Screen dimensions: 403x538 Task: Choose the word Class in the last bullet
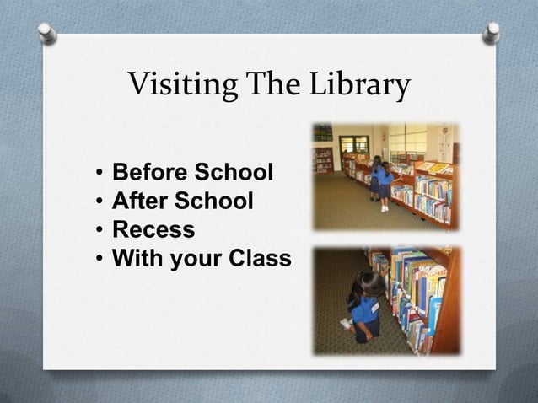(x=260, y=257)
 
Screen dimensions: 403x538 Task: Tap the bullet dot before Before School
(x=100, y=175)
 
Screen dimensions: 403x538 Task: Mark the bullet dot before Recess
(x=100, y=230)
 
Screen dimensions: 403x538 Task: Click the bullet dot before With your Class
(x=100, y=258)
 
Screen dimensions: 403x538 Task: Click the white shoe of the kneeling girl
(x=345, y=324)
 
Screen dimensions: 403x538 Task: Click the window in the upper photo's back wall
(x=354, y=144)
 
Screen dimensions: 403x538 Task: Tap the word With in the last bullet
(x=137, y=257)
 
